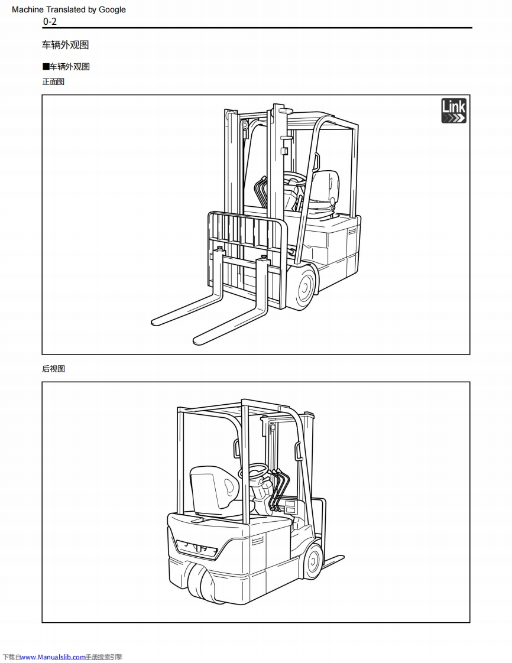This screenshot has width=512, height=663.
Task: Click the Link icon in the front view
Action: [453, 111]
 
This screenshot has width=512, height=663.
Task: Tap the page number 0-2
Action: [50, 22]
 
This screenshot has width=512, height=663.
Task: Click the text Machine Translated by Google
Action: [69, 9]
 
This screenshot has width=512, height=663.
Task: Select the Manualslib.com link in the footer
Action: [53, 656]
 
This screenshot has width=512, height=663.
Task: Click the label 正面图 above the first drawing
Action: [53, 82]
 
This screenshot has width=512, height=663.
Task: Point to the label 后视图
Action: [53, 369]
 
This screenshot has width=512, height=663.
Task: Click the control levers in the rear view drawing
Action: [279, 487]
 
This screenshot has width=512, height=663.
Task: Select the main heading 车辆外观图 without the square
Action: [65, 45]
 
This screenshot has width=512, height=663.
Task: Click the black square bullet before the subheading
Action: [45, 67]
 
